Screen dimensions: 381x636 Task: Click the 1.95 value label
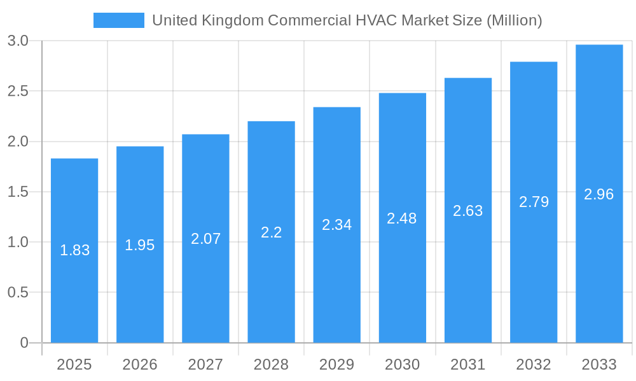coord(140,245)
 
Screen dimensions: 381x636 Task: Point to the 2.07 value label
coord(206,239)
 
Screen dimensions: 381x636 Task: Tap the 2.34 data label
coord(337,225)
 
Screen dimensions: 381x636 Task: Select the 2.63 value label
coord(468,211)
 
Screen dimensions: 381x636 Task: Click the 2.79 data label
coord(534,202)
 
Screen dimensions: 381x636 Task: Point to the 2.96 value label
coord(599,194)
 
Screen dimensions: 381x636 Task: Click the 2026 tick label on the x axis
coord(140,364)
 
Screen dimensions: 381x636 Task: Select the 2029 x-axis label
coord(337,364)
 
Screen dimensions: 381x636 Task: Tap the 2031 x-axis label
coord(468,364)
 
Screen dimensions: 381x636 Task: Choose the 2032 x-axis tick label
coord(534,364)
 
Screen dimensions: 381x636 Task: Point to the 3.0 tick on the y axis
coord(18,41)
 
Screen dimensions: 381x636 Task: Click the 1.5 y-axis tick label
coord(18,192)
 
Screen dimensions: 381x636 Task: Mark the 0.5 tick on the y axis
coord(18,293)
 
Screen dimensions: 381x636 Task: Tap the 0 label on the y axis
coord(24,343)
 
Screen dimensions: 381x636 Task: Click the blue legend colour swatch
coord(119,20)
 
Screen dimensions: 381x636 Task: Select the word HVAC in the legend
coord(375,20)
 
